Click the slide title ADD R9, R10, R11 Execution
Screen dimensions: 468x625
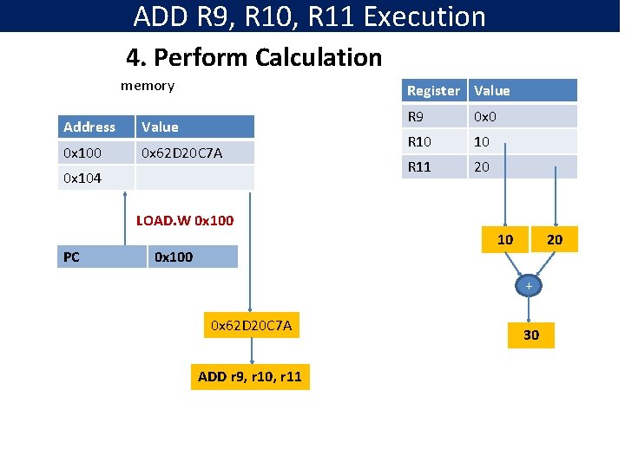click(310, 16)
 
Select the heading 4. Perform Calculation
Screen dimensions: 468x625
click(253, 58)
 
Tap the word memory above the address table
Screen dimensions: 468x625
click(147, 85)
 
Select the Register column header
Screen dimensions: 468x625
click(435, 90)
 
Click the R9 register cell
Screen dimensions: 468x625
click(435, 116)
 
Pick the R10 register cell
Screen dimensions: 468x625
click(435, 141)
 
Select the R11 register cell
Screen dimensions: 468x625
click(435, 166)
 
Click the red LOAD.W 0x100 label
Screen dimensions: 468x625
click(185, 220)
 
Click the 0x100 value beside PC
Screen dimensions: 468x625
click(192, 257)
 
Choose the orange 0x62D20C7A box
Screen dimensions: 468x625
click(252, 325)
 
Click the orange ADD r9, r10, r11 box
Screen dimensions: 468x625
click(250, 377)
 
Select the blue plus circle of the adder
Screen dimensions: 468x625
click(528, 286)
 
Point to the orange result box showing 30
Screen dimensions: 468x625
click(530, 335)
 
